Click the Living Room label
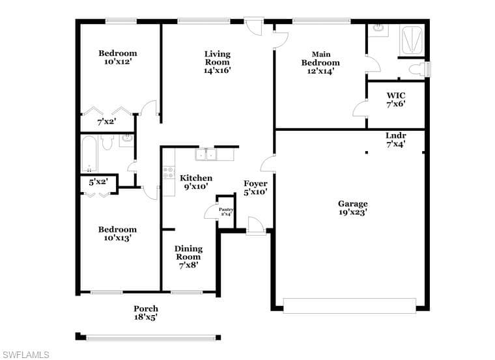click(x=217, y=58)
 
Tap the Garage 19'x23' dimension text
click(x=352, y=212)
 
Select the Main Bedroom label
click(x=320, y=59)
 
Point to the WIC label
click(x=396, y=95)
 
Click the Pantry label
click(x=226, y=210)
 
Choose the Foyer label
click(x=255, y=184)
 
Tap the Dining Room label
click(x=188, y=253)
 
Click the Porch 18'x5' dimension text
click(x=146, y=317)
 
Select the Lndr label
click(x=396, y=135)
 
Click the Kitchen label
click(x=196, y=178)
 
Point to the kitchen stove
click(x=169, y=173)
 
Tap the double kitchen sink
click(x=206, y=154)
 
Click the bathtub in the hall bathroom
click(x=89, y=154)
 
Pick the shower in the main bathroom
click(x=412, y=40)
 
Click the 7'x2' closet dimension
click(x=107, y=122)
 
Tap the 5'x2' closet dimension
click(x=98, y=182)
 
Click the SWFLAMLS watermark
click(x=25, y=355)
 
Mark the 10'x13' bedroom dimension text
click(x=117, y=238)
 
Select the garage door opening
click(x=350, y=306)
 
